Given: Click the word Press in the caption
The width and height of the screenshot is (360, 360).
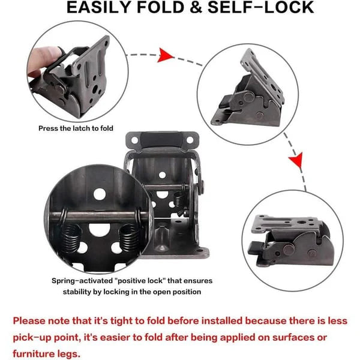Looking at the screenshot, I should click(49, 128).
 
